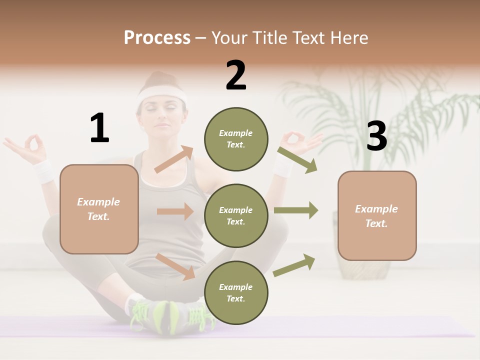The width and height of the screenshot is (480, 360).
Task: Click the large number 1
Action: pyautogui.click(x=99, y=128)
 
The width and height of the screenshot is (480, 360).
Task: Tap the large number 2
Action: pyautogui.click(x=236, y=75)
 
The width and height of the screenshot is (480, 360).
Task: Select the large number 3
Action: pyautogui.click(x=376, y=136)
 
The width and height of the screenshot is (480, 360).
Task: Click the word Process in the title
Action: pyautogui.click(x=157, y=37)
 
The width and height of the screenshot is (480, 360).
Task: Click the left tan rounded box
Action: pyautogui.click(x=99, y=209)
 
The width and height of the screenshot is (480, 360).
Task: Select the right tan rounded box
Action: pyautogui.click(x=377, y=215)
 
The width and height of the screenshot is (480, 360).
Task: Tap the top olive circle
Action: pyautogui.click(x=236, y=139)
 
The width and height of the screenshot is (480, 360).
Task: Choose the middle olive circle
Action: pyautogui.click(x=236, y=215)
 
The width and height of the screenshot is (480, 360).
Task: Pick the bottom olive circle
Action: pyautogui.click(x=236, y=292)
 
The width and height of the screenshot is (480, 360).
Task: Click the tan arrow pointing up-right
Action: pyautogui.click(x=174, y=159)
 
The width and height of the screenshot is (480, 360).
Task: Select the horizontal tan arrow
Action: pyautogui.click(x=175, y=211)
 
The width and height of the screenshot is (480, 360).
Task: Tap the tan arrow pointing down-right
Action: pyautogui.click(x=175, y=266)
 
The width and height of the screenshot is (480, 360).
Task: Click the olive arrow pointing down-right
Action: pyautogui.click(x=297, y=159)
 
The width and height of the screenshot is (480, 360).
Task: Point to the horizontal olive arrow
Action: pyautogui.click(x=295, y=210)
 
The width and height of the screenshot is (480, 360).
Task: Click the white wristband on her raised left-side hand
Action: pyautogui.click(x=44, y=170)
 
